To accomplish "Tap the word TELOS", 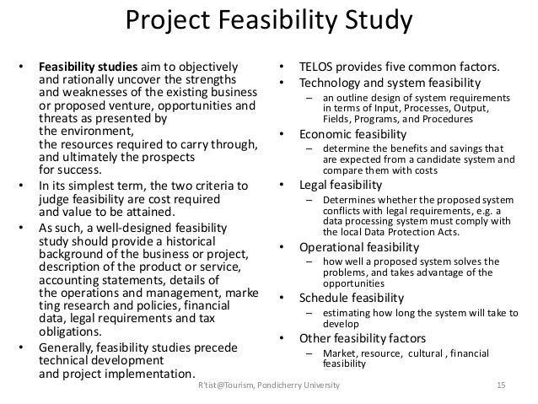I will pos(314,65).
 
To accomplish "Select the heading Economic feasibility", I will pos(354,134).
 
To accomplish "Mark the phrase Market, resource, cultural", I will pos(376,354).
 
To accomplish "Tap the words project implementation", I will pos(126,374).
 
